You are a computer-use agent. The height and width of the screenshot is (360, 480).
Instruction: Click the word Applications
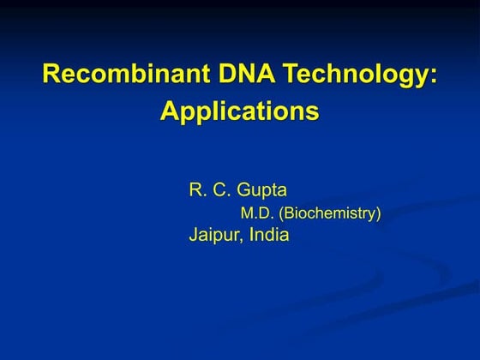click(x=240, y=113)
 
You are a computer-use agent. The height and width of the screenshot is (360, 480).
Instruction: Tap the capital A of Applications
click(x=169, y=112)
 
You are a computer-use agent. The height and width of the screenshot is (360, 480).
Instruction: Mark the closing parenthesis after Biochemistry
click(x=378, y=214)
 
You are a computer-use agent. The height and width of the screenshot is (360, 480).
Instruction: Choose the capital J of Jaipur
click(x=193, y=235)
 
